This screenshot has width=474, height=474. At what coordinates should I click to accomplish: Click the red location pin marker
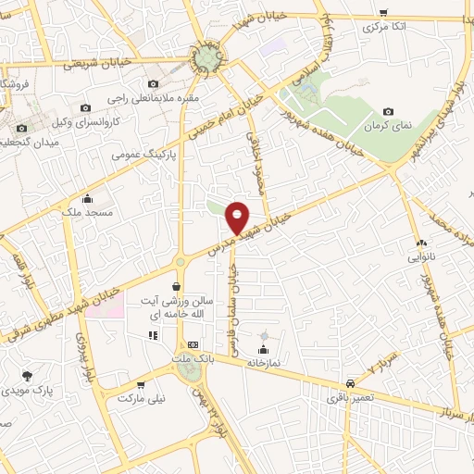pyautogui.click(x=238, y=217)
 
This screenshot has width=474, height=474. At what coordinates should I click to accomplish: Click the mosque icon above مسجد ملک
pyautogui.click(x=87, y=197)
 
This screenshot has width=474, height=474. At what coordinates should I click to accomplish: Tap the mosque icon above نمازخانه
pyautogui.click(x=264, y=350)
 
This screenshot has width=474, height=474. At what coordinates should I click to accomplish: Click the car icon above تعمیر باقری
pyautogui.click(x=349, y=382)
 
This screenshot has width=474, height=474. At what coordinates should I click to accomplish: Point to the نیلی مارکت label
pyautogui.click(x=139, y=398)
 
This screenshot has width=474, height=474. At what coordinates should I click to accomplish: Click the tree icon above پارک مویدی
pyautogui.click(x=28, y=376)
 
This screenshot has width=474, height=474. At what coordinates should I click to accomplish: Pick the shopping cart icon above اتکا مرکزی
pyautogui.click(x=383, y=12)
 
